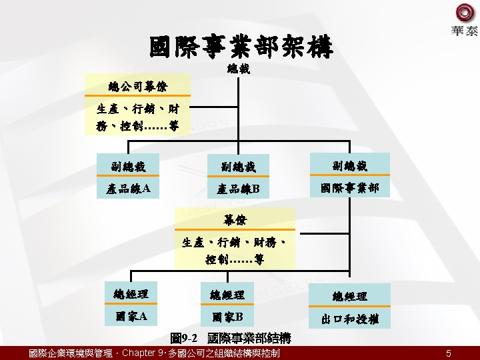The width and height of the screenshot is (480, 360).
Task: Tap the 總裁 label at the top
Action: point(239,69)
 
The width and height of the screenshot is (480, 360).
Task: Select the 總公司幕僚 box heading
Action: point(138,87)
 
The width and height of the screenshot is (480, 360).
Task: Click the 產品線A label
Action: point(129,189)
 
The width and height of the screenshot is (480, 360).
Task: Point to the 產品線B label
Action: point(237,189)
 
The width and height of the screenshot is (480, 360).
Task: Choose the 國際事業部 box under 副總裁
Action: point(350,188)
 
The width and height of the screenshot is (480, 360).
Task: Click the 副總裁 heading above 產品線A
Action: point(129,166)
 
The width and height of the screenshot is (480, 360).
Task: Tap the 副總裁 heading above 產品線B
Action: point(238,167)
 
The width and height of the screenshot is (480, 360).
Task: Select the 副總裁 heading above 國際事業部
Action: point(350,165)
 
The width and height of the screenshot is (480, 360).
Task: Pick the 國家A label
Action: point(131,316)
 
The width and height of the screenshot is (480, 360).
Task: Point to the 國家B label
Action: point(227,317)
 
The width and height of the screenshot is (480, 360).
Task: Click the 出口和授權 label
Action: point(350,319)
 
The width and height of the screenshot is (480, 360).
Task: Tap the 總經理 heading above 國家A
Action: point(131,293)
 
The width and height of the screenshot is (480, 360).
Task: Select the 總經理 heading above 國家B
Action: point(227,294)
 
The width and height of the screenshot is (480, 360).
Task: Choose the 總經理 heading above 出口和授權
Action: point(350,296)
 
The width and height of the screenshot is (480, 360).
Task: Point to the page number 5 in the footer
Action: point(449,353)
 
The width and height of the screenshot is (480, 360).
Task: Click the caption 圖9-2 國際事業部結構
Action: point(231,339)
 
